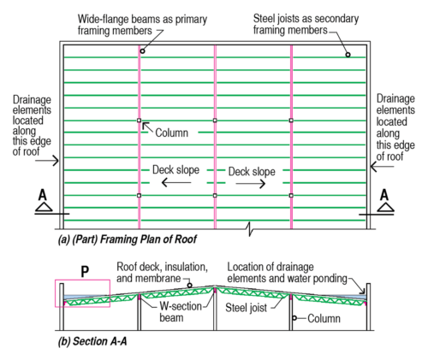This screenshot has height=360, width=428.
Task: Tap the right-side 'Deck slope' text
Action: click(252, 171)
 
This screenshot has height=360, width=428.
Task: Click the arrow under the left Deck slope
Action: click(178, 184)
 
